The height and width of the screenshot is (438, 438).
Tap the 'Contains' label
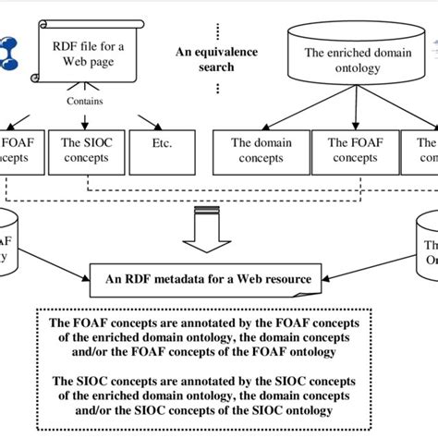(85, 103)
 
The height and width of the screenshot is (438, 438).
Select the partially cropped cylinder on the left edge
(11, 236)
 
